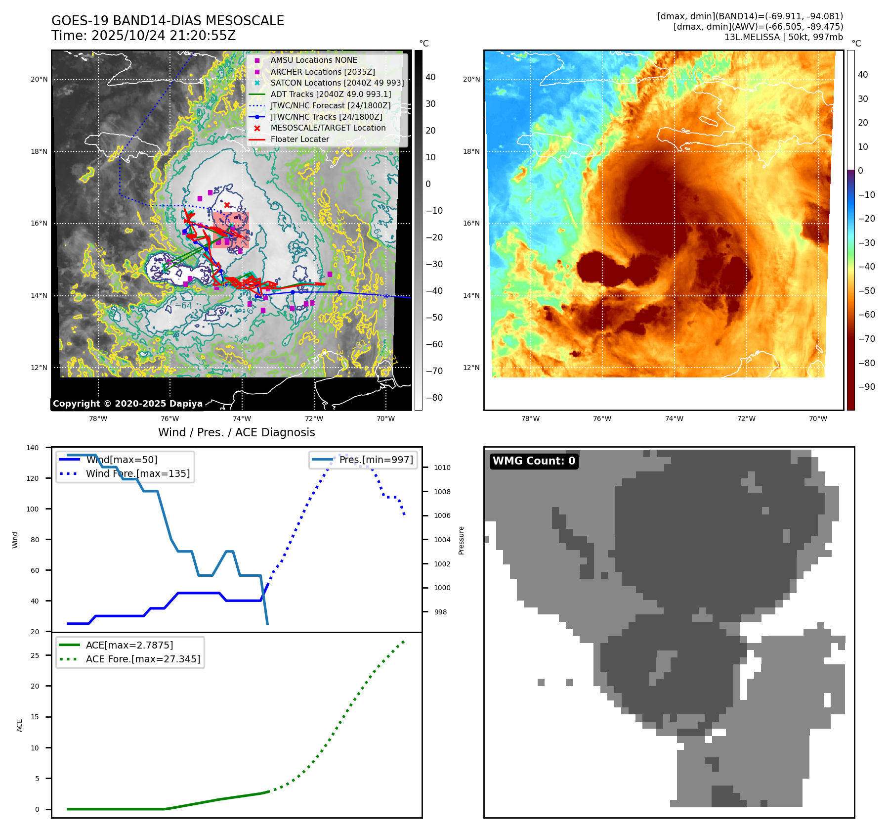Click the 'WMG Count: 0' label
[534, 461]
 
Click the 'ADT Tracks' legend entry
[331, 94]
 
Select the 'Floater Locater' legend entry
[299, 139]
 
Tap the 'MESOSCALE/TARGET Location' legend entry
[328, 128]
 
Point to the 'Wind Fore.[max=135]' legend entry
[137, 473]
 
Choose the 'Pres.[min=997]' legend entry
[376, 460]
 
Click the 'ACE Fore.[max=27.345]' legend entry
[143, 659]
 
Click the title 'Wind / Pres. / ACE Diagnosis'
[236, 432]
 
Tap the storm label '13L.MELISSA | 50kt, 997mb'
[783, 37]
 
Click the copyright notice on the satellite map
[127, 404]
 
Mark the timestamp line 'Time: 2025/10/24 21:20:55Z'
[143, 36]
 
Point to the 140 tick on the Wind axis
[33, 448]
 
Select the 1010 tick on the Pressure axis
[442, 467]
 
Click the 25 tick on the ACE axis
[35, 655]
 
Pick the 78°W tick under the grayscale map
[98, 419]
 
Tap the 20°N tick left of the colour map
[471, 79]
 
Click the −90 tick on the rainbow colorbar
[866, 387]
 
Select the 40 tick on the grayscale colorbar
[430, 77]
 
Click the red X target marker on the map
[227, 205]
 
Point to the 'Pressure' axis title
[461, 540]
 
